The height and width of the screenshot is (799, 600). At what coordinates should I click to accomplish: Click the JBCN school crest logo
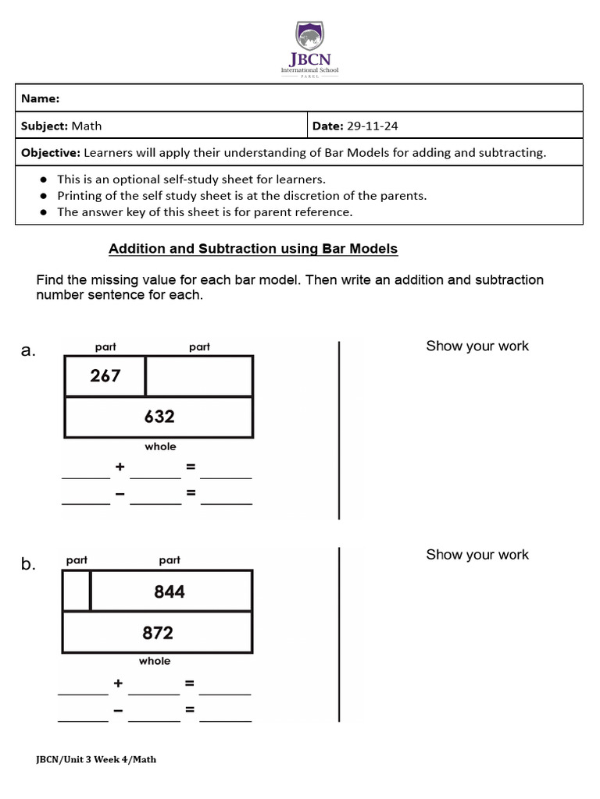pyautogui.click(x=310, y=37)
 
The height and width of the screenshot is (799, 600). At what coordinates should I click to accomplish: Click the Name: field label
pyautogui.click(x=41, y=98)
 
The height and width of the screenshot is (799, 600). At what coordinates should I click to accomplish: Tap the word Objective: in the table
pyautogui.click(x=51, y=153)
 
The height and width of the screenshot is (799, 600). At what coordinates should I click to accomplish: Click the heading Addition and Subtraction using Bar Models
pyautogui.click(x=253, y=249)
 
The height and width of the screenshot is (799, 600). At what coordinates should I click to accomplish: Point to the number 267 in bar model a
pyautogui.click(x=105, y=376)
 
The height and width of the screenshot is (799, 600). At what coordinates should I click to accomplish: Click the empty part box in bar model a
pyautogui.click(x=199, y=376)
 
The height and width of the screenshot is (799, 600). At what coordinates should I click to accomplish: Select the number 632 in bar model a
pyautogui.click(x=159, y=417)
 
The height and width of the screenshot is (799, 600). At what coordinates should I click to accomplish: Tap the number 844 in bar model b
pyautogui.click(x=170, y=591)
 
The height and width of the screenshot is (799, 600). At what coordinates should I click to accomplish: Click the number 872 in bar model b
pyautogui.click(x=158, y=633)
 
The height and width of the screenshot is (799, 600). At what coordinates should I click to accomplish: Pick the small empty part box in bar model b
pyautogui.click(x=77, y=591)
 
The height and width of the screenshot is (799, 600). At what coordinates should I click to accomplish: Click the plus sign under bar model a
pyautogui.click(x=120, y=467)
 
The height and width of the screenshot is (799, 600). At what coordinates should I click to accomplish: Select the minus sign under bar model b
pyautogui.click(x=118, y=710)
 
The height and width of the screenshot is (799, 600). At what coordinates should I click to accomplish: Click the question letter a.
pyautogui.click(x=28, y=351)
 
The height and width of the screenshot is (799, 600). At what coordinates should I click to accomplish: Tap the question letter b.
pyautogui.click(x=28, y=565)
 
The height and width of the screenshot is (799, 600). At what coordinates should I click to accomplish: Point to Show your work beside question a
pyautogui.click(x=477, y=346)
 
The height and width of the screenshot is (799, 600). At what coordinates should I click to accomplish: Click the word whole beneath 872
pyautogui.click(x=155, y=661)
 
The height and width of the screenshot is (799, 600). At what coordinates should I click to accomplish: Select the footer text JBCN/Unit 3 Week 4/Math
pyautogui.click(x=96, y=759)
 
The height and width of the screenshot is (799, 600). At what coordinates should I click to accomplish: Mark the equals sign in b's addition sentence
pyautogui.click(x=189, y=684)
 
